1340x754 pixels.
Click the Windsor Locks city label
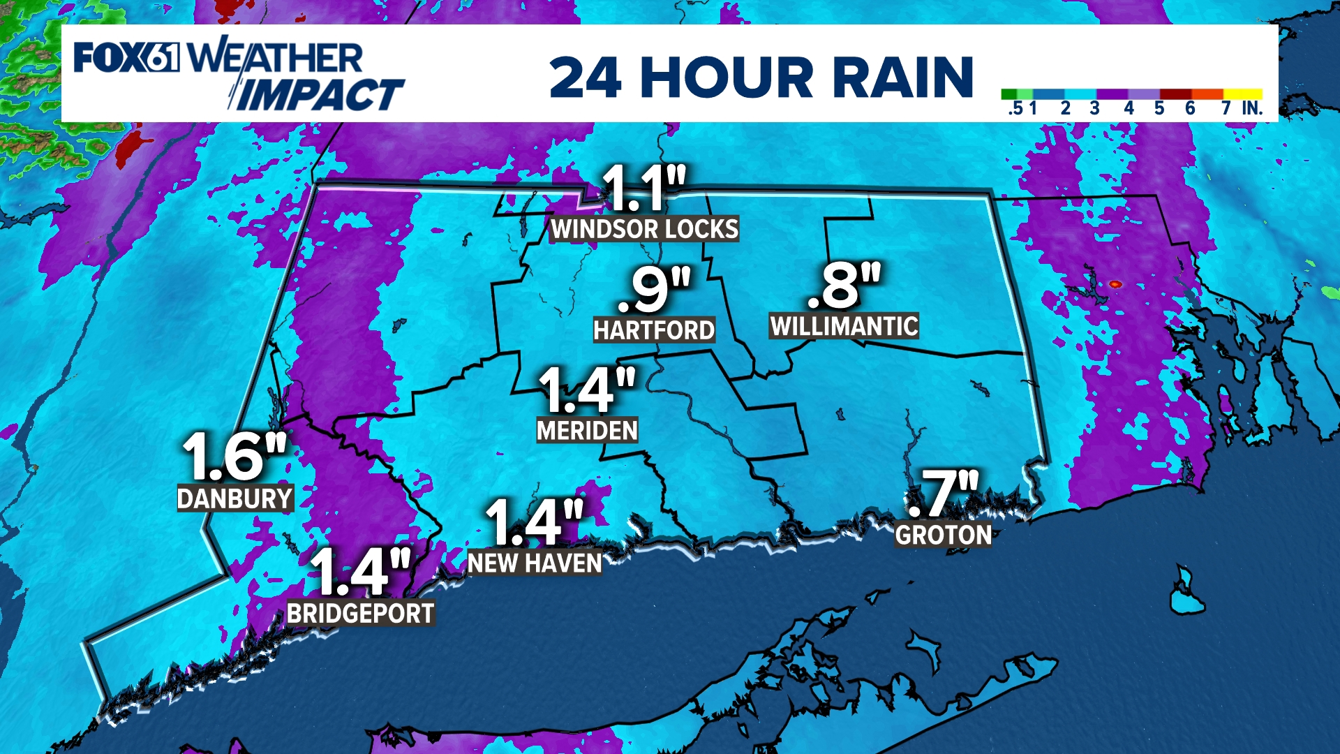(644, 229)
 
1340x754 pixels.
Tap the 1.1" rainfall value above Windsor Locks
(643, 188)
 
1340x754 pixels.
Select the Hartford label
(654, 330)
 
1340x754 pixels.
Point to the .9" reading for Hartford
(654, 288)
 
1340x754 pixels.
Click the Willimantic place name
(844, 326)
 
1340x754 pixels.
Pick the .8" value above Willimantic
(844, 285)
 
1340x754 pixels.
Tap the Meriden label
(587, 431)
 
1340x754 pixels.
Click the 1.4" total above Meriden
(587, 390)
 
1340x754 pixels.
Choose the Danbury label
(234, 498)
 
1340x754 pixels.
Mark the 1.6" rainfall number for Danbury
(234, 456)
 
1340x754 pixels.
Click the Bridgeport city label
(361, 614)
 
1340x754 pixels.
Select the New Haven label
(535, 563)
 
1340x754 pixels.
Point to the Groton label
(944, 535)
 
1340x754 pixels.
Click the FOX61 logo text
(126, 57)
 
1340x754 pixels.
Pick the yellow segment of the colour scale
(1242, 94)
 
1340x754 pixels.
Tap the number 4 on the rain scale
(1129, 108)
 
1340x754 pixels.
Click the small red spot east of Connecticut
(1115, 284)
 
